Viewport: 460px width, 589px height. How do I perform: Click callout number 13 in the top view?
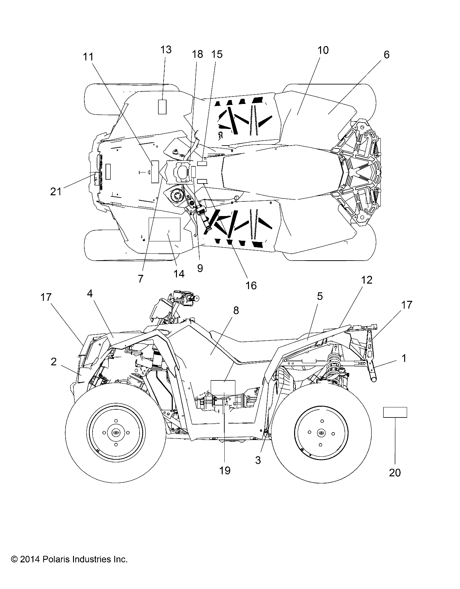click(x=166, y=50)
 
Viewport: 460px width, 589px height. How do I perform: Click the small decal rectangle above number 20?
click(x=395, y=412)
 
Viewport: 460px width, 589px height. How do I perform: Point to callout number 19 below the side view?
click(x=225, y=470)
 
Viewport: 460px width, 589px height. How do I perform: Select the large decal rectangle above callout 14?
click(x=164, y=229)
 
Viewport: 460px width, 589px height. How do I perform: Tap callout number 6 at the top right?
click(x=386, y=55)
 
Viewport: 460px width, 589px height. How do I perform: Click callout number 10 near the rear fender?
click(x=323, y=50)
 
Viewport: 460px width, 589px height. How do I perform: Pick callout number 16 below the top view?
click(x=251, y=285)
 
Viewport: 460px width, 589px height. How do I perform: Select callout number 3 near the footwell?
click(x=258, y=460)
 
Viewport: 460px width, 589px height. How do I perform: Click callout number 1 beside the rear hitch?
click(x=404, y=358)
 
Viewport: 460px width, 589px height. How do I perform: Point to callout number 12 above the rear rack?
click(x=367, y=280)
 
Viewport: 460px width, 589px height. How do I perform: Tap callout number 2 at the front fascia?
click(x=54, y=361)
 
